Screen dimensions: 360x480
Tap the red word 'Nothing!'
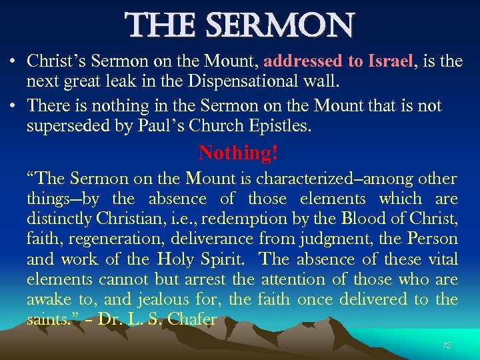238,153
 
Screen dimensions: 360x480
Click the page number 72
447,345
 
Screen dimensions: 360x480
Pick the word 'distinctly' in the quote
59,219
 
